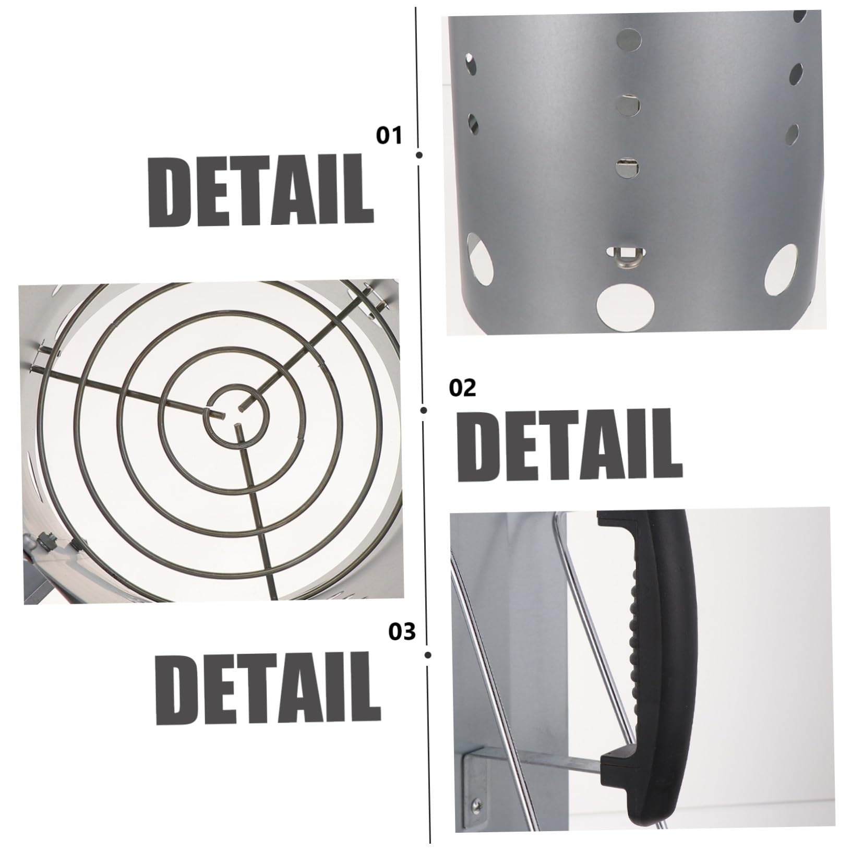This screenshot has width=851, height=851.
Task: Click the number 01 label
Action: coord(389,136)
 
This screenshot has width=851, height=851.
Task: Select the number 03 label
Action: coord(402,631)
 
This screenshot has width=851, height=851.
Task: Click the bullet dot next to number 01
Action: coord(419,154)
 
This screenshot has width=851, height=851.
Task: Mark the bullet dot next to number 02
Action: coord(424,411)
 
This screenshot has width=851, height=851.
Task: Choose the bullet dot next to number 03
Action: coord(428,655)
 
